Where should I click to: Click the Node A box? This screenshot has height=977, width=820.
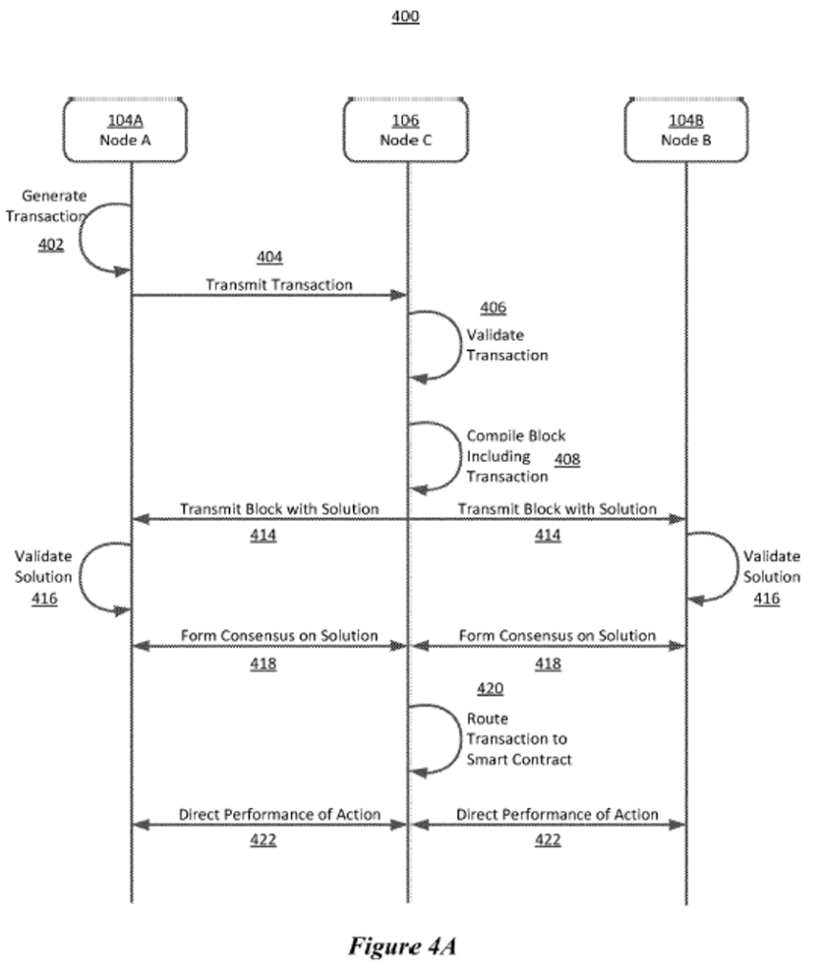(126, 131)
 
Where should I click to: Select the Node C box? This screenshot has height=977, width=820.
(406, 131)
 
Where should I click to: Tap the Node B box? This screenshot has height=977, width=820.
(685, 131)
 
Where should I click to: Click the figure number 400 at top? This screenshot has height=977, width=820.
(406, 17)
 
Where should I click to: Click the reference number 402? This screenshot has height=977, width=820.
(51, 245)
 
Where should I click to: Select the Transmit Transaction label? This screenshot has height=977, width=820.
(279, 284)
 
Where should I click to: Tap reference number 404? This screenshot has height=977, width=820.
(270, 258)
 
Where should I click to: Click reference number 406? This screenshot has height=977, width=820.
(494, 308)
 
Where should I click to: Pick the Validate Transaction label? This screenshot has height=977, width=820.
(507, 345)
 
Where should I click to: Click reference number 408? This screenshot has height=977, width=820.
(567, 459)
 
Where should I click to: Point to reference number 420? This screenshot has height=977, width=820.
(490, 689)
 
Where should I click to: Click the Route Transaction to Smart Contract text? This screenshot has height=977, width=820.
(519, 739)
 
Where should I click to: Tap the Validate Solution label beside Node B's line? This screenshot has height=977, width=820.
(771, 567)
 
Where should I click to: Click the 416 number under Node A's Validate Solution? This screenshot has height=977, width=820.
(44, 599)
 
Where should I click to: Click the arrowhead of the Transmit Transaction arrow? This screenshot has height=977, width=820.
(402, 295)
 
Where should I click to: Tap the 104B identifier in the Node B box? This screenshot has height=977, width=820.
(685, 120)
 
